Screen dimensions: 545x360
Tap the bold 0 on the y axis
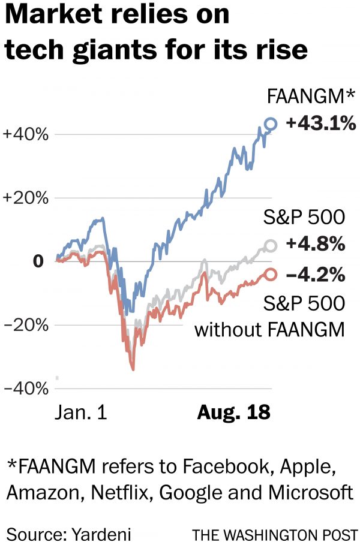point(38,261)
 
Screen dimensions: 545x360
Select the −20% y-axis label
point(25,325)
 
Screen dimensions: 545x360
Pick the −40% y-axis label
point(25,389)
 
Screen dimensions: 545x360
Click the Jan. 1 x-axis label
point(81,412)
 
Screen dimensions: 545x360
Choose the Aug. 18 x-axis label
point(234,412)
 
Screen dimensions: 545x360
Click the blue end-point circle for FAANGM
point(271,124)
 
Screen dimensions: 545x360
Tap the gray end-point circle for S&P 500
point(271,245)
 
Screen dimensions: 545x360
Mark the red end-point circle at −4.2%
point(271,274)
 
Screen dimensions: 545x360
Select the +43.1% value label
point(321,124)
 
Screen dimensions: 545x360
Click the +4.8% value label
point(316,245)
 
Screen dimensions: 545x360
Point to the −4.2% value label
point(316,275)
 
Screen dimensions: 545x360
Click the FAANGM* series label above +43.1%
point(311,96)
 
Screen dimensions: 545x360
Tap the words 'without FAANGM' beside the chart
point(270,329)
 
